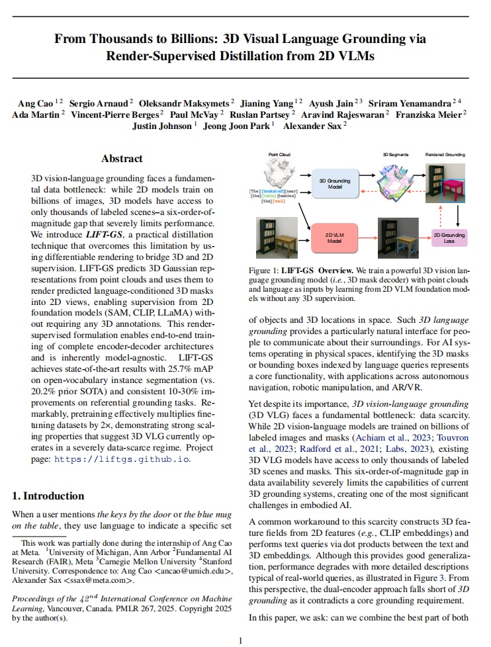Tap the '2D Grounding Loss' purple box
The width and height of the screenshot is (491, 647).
(449, 238)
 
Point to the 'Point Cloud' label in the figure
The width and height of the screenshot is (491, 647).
(279, 153)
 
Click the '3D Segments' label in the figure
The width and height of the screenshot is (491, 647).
(394, 153)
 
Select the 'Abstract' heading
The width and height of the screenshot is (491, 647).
(122, 159)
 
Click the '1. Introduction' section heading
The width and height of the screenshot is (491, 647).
(49, 496)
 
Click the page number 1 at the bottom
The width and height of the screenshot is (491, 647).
(241, 640)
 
